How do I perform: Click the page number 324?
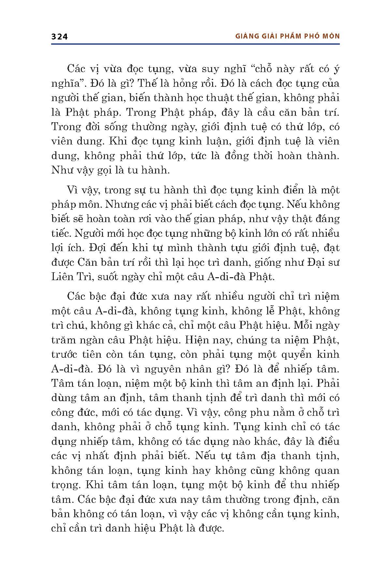pyautogui.click(x=59, y=37)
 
